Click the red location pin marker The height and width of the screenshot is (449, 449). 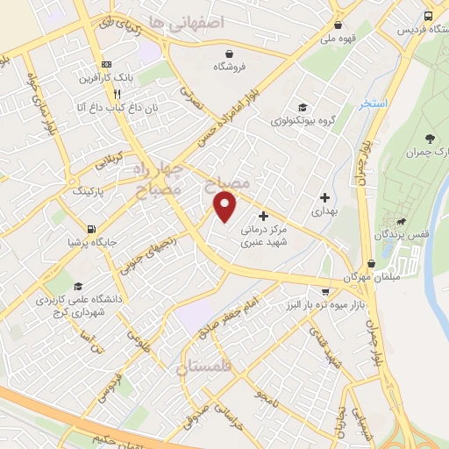(x=225, y=207)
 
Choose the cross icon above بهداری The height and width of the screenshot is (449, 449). (x=325, y=198)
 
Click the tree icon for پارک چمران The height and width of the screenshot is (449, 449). (x=429, y=138)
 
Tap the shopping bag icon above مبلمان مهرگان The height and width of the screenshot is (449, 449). (x=372, y=262)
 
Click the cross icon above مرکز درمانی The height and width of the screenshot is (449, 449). (x=264, y=215)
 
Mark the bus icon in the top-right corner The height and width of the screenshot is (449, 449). (x=428, y=17)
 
